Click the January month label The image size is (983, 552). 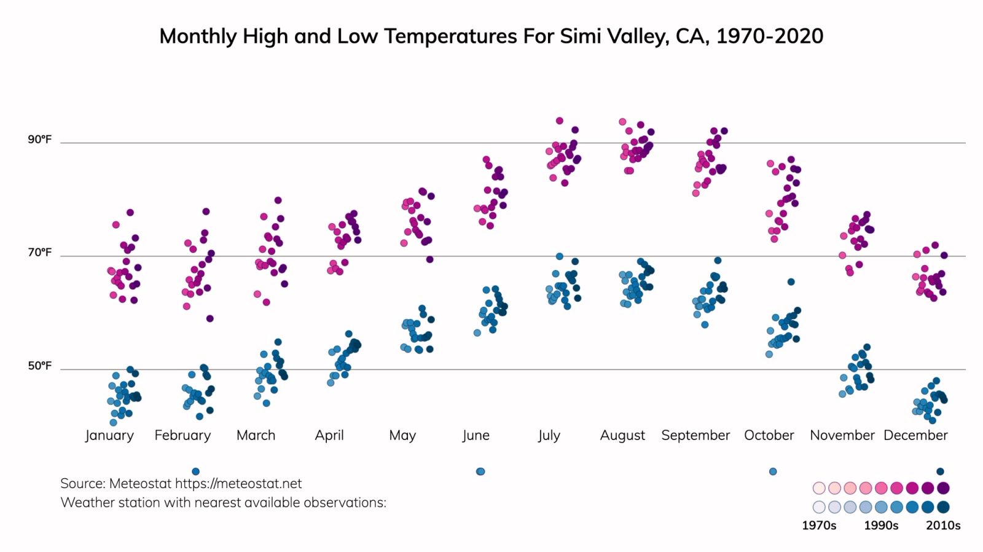109,435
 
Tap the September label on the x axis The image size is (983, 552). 695,435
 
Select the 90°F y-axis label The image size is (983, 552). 39,140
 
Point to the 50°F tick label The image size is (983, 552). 39,366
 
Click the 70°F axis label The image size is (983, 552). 39,253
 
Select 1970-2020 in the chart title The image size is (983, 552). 769,36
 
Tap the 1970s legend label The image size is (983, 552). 819,526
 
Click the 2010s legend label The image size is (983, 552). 943,526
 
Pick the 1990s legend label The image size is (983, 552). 881,526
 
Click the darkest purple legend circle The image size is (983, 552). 943,488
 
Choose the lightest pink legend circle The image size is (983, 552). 819,488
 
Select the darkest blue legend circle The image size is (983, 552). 943,507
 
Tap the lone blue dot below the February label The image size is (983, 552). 195,471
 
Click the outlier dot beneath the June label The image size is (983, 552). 480,471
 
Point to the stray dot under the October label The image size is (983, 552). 773,471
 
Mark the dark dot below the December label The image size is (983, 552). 940,471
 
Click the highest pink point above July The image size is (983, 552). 560,121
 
